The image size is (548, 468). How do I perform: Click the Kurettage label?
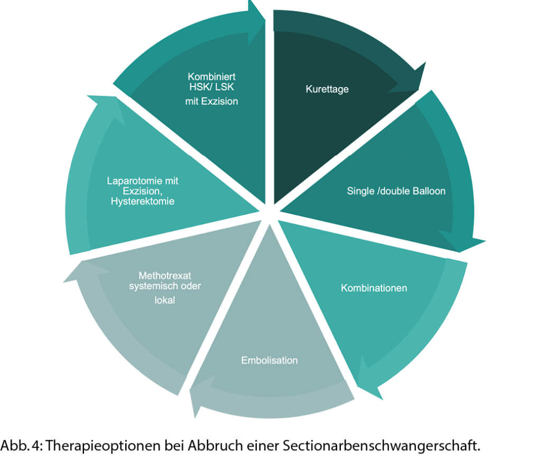(x=327, y=89)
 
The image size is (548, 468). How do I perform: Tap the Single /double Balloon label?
(x=395, y=191)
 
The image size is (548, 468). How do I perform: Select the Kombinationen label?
(x=374, y=288)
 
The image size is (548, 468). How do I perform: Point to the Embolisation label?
(x=269, y=360)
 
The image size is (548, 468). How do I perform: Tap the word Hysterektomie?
(x=142, y=201)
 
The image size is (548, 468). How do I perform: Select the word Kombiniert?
(x=211, y=77)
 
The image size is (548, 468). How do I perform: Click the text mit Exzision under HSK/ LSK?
(x=211, y=101)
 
